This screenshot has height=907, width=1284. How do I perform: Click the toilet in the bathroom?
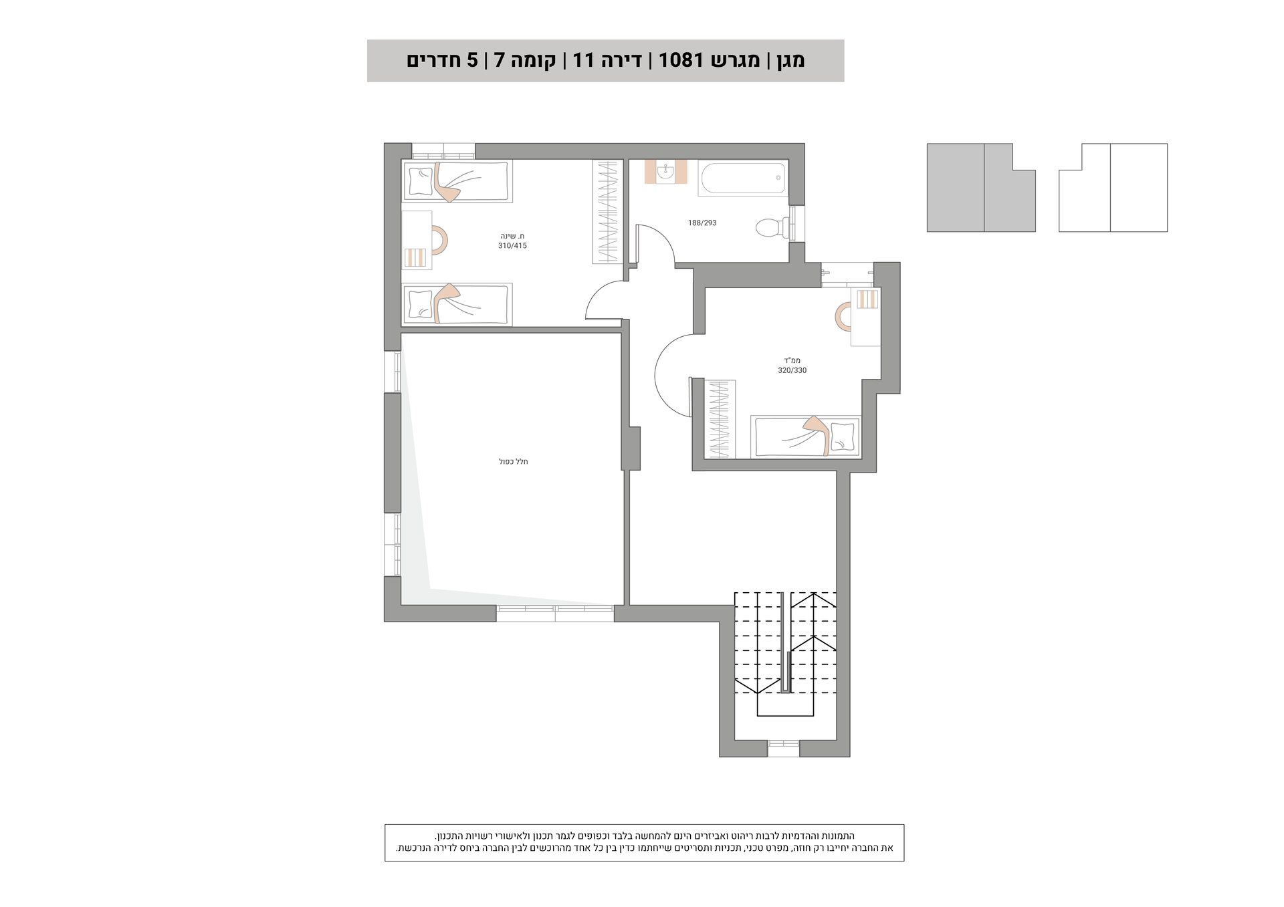772,227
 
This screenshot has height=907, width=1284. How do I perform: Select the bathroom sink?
665,172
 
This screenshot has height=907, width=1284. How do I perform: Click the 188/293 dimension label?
702,223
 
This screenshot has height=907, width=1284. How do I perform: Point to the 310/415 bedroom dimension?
512,246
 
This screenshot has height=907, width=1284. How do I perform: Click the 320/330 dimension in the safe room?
792,370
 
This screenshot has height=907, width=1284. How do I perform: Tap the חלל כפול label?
514,462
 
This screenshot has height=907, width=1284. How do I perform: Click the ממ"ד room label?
792,361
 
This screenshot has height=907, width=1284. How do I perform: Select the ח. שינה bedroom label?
512,236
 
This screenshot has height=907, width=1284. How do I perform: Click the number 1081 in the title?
681,61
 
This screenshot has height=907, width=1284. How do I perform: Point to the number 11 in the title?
583,61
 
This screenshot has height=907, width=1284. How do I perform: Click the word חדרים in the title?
431,61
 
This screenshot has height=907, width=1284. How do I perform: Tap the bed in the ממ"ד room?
806,436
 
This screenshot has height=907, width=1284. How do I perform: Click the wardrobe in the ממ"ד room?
720,419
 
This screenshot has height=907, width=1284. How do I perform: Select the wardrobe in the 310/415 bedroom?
607,211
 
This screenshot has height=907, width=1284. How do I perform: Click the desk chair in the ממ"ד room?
843,317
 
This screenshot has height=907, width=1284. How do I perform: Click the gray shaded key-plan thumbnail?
981,188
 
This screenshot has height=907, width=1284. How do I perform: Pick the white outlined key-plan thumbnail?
1113,188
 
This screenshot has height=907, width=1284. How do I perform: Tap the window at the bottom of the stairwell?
783,749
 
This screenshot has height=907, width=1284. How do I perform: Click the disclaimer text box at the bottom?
644,843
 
